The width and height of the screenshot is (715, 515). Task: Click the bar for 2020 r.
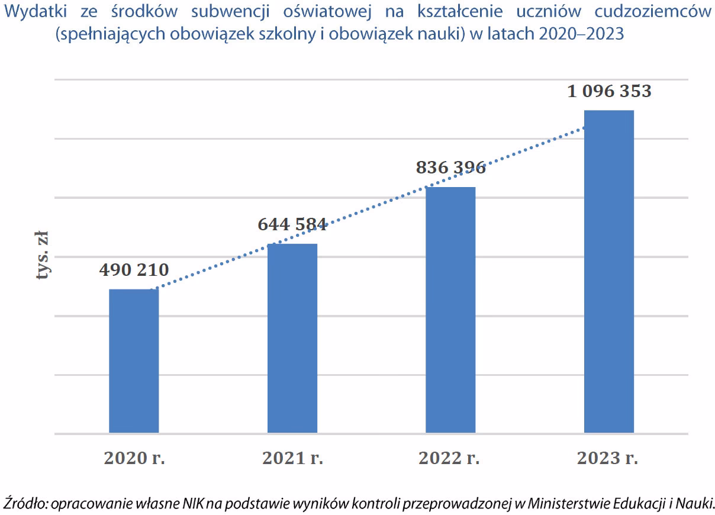[134, 361]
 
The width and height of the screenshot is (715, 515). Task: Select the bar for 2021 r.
[292, 339]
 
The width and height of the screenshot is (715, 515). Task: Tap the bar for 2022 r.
[450, 310]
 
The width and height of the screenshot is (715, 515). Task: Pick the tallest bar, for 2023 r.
[609, 272]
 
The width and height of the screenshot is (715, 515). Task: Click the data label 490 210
[134, 270]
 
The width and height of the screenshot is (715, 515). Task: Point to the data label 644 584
[292, 224]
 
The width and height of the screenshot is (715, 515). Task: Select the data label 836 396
[450, 168]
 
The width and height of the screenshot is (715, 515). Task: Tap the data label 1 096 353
[609, 91]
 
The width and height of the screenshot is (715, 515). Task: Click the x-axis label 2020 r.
[134, 458]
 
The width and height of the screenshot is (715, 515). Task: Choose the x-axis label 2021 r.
[293, 458]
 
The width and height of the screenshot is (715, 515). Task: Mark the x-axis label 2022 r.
[449, 458]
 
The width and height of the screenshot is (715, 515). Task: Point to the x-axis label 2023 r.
[607, 458]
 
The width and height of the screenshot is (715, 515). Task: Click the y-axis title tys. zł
[42, 255]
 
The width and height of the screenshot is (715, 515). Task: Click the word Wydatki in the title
[36, 12]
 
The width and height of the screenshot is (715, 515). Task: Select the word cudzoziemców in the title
[653, 11]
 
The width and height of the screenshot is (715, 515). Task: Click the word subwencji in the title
[230, 12]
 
